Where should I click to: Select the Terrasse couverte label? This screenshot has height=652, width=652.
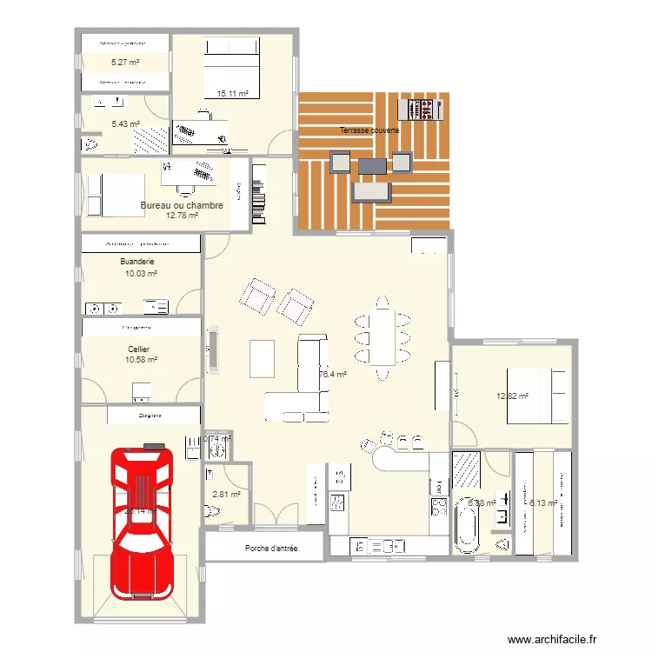click(370, 130)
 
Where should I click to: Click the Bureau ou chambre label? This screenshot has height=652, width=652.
click(182, 206)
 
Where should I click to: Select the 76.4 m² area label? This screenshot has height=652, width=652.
click(333, 375)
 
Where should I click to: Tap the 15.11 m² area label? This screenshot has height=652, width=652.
click(232, 93)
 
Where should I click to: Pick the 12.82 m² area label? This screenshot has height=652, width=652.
click(513, 396)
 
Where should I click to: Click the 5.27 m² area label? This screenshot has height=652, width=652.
click(126, 63)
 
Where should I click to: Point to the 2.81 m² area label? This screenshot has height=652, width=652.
click(226, 495)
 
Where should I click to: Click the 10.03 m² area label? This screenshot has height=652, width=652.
click(141, 273)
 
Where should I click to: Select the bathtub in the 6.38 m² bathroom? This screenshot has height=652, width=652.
click(467, 529)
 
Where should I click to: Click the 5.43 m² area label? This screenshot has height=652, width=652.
click(125, 124)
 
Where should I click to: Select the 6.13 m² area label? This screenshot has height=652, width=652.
click(543, 502)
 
